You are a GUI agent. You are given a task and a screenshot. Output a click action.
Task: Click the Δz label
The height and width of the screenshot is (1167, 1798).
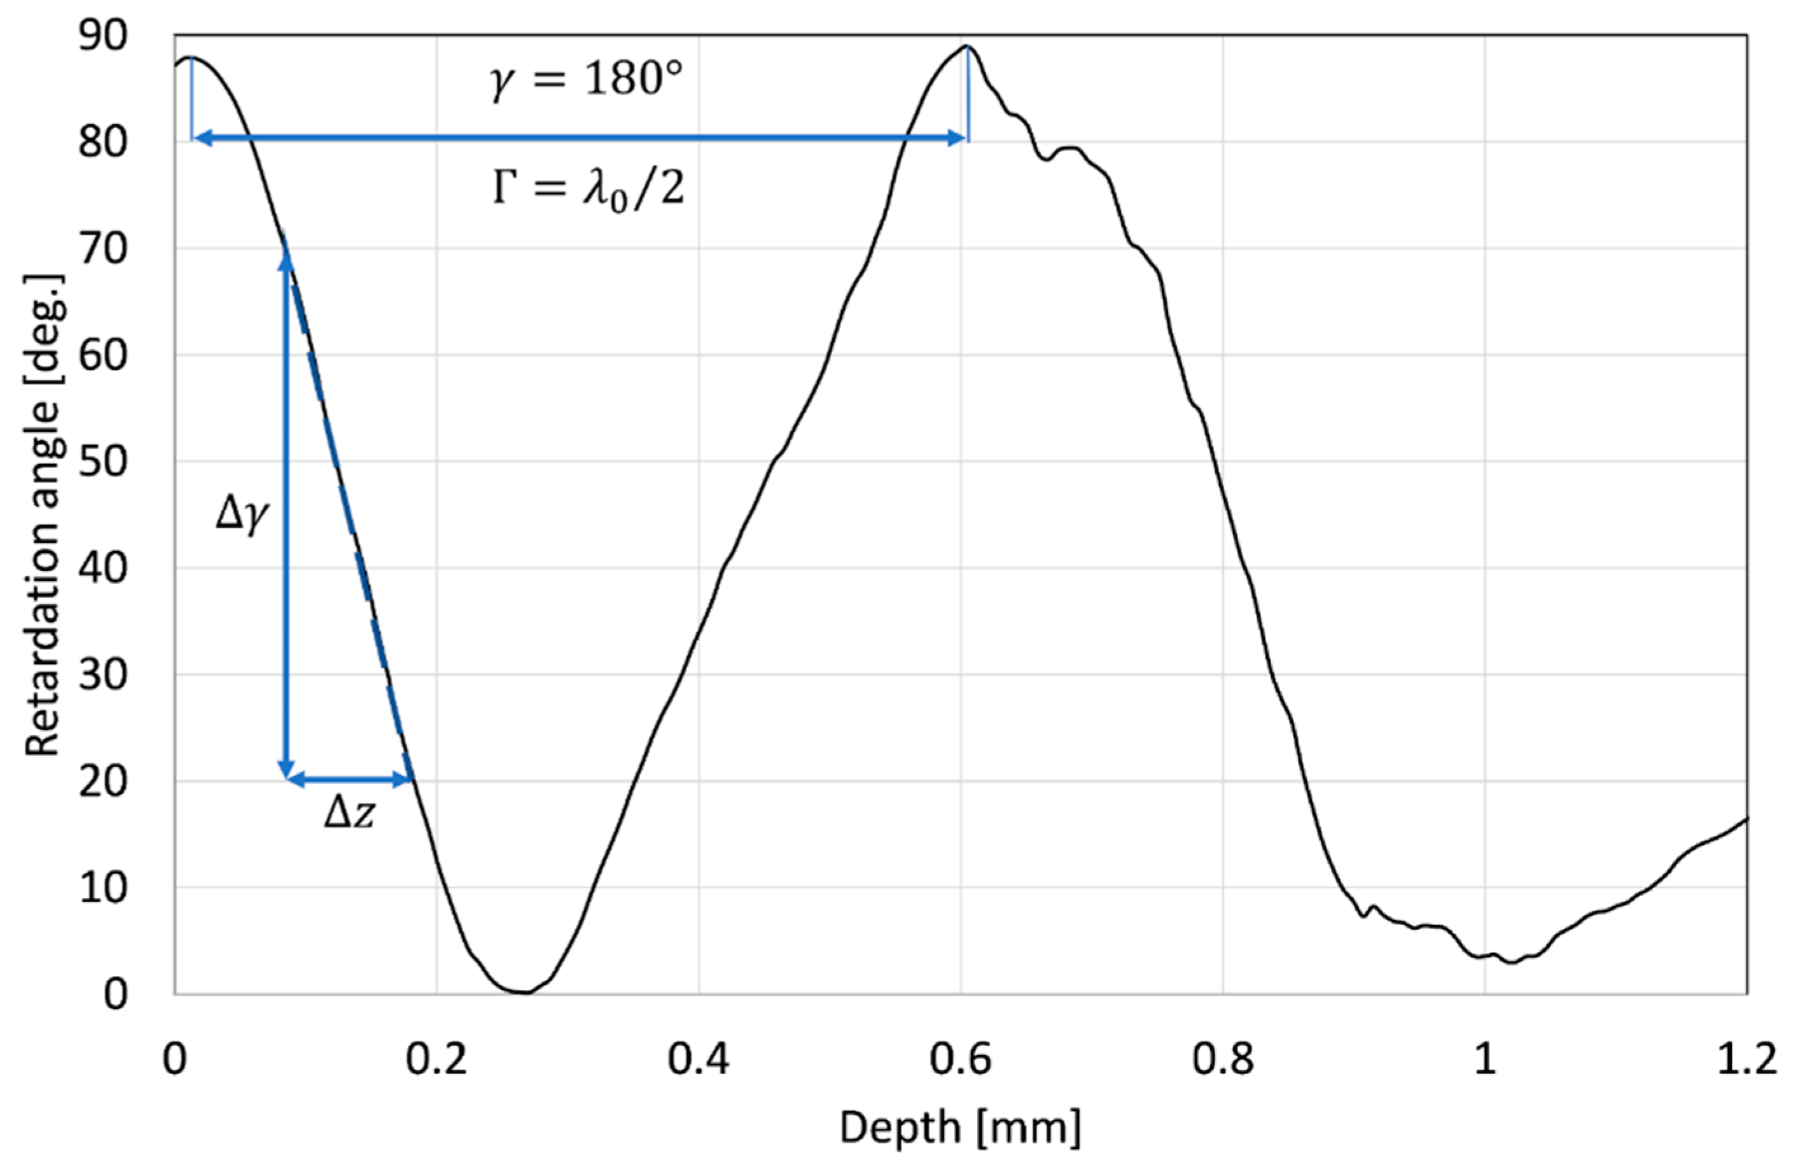coord(349,815)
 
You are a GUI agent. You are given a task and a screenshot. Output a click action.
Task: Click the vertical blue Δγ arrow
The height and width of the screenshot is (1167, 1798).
coord(286,514)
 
